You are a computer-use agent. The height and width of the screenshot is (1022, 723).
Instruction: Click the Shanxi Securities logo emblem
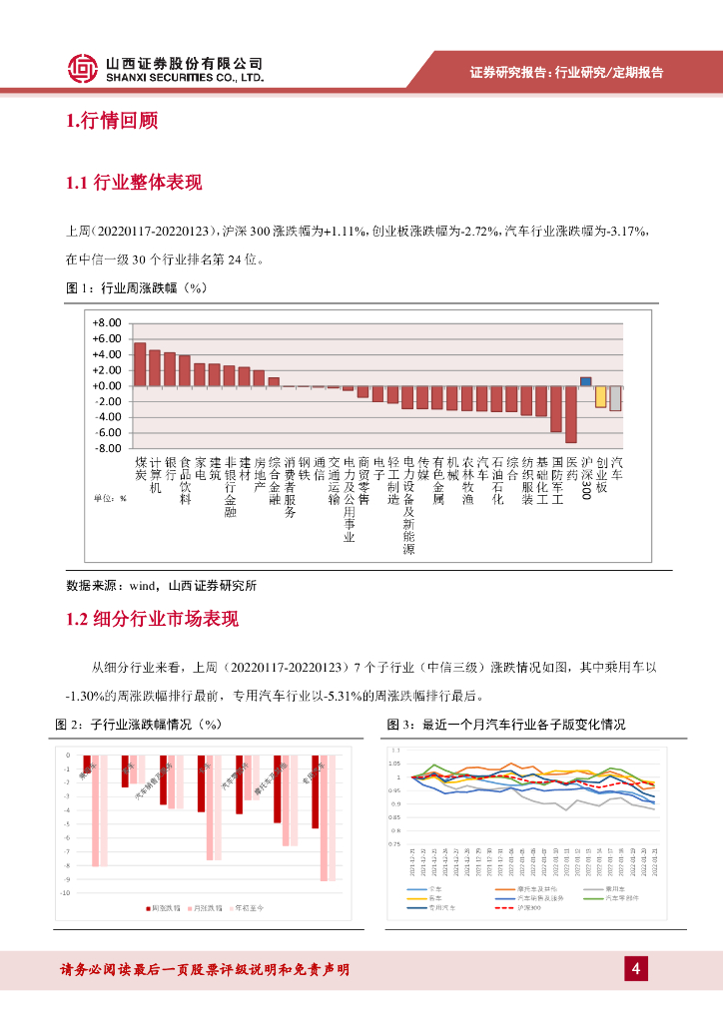point(84,68)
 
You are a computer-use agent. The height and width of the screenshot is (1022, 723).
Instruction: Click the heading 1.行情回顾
point(112,122)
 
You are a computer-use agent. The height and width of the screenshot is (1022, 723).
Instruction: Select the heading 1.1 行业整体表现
point(134,183)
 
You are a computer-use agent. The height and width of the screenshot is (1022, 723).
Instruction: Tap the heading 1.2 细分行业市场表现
point(152,619)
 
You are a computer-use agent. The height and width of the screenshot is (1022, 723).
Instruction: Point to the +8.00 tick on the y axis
point(106,323)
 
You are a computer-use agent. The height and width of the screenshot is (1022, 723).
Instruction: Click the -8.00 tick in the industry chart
point(106,448)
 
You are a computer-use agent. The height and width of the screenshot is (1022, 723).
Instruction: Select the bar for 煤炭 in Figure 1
point(141,364)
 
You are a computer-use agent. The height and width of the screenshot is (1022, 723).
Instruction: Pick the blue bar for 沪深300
point(586,381)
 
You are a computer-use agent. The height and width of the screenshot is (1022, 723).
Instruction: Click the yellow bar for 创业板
point(601,396)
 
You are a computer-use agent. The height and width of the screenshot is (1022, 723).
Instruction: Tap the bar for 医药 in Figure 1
point(571,413)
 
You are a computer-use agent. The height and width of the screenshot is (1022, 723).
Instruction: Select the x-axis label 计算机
point(155,475)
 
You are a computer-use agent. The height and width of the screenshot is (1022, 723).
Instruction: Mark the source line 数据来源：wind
point(160,585)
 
